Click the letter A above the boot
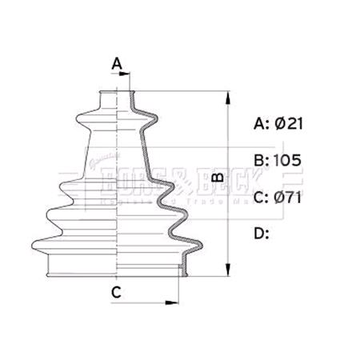pos(117,62)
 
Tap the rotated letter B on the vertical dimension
pos(216,182)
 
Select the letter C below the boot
pos(116,292)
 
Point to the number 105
pos(287,160)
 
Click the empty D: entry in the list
pos(262,233)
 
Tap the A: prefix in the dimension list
pos(261,123)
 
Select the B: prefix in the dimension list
pos(261,160)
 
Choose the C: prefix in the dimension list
pos(261,197)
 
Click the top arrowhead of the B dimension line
pos(230,98)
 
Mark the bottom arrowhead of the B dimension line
pos(230,269)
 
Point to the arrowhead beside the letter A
pos(125,74)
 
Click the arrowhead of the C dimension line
pos(170,302)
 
